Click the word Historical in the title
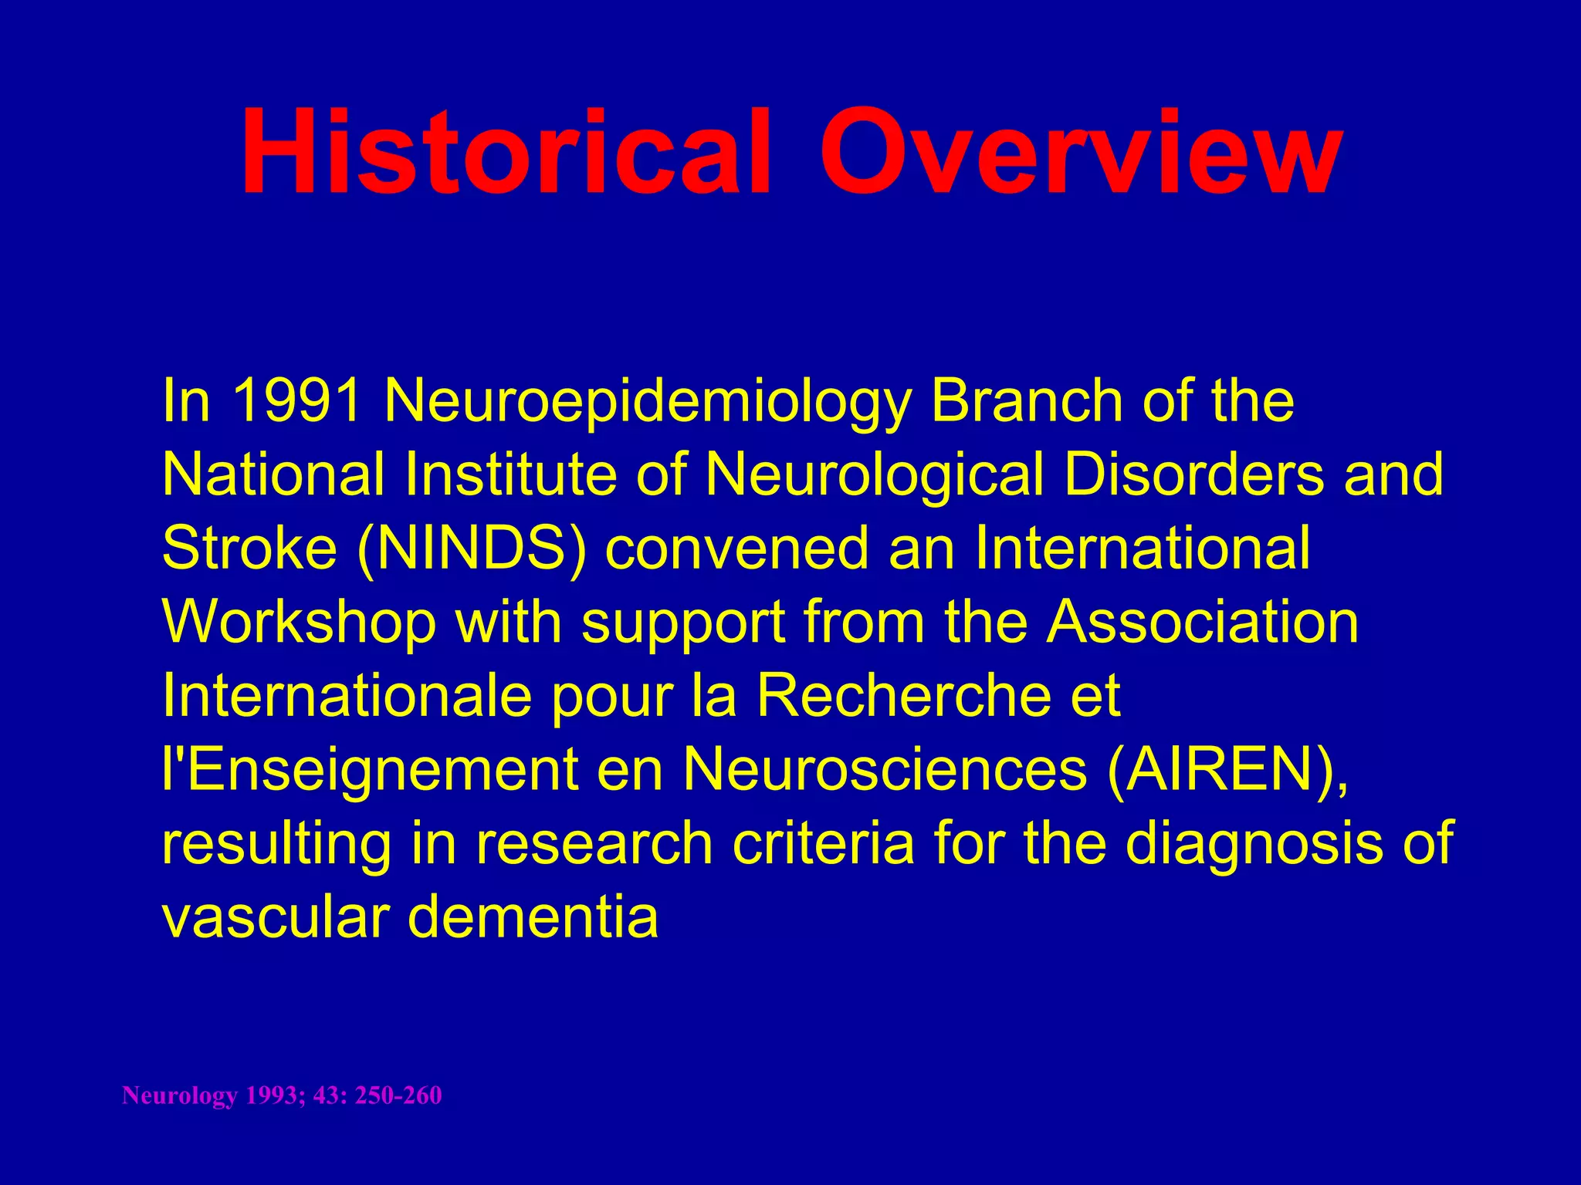pyautogui.click(x=506, y=152)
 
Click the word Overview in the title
pyautogui.click(x=1080, y=152)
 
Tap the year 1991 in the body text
pyautogui.click(x=296, y=401)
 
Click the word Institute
pyautogui.click(x=510, y=474)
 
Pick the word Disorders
pyautogui.click(x=1193, y=474)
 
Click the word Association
pyautogui.click(x=1202, y=622)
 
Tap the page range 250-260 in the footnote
pyautogui.click(x=398, y=1096)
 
